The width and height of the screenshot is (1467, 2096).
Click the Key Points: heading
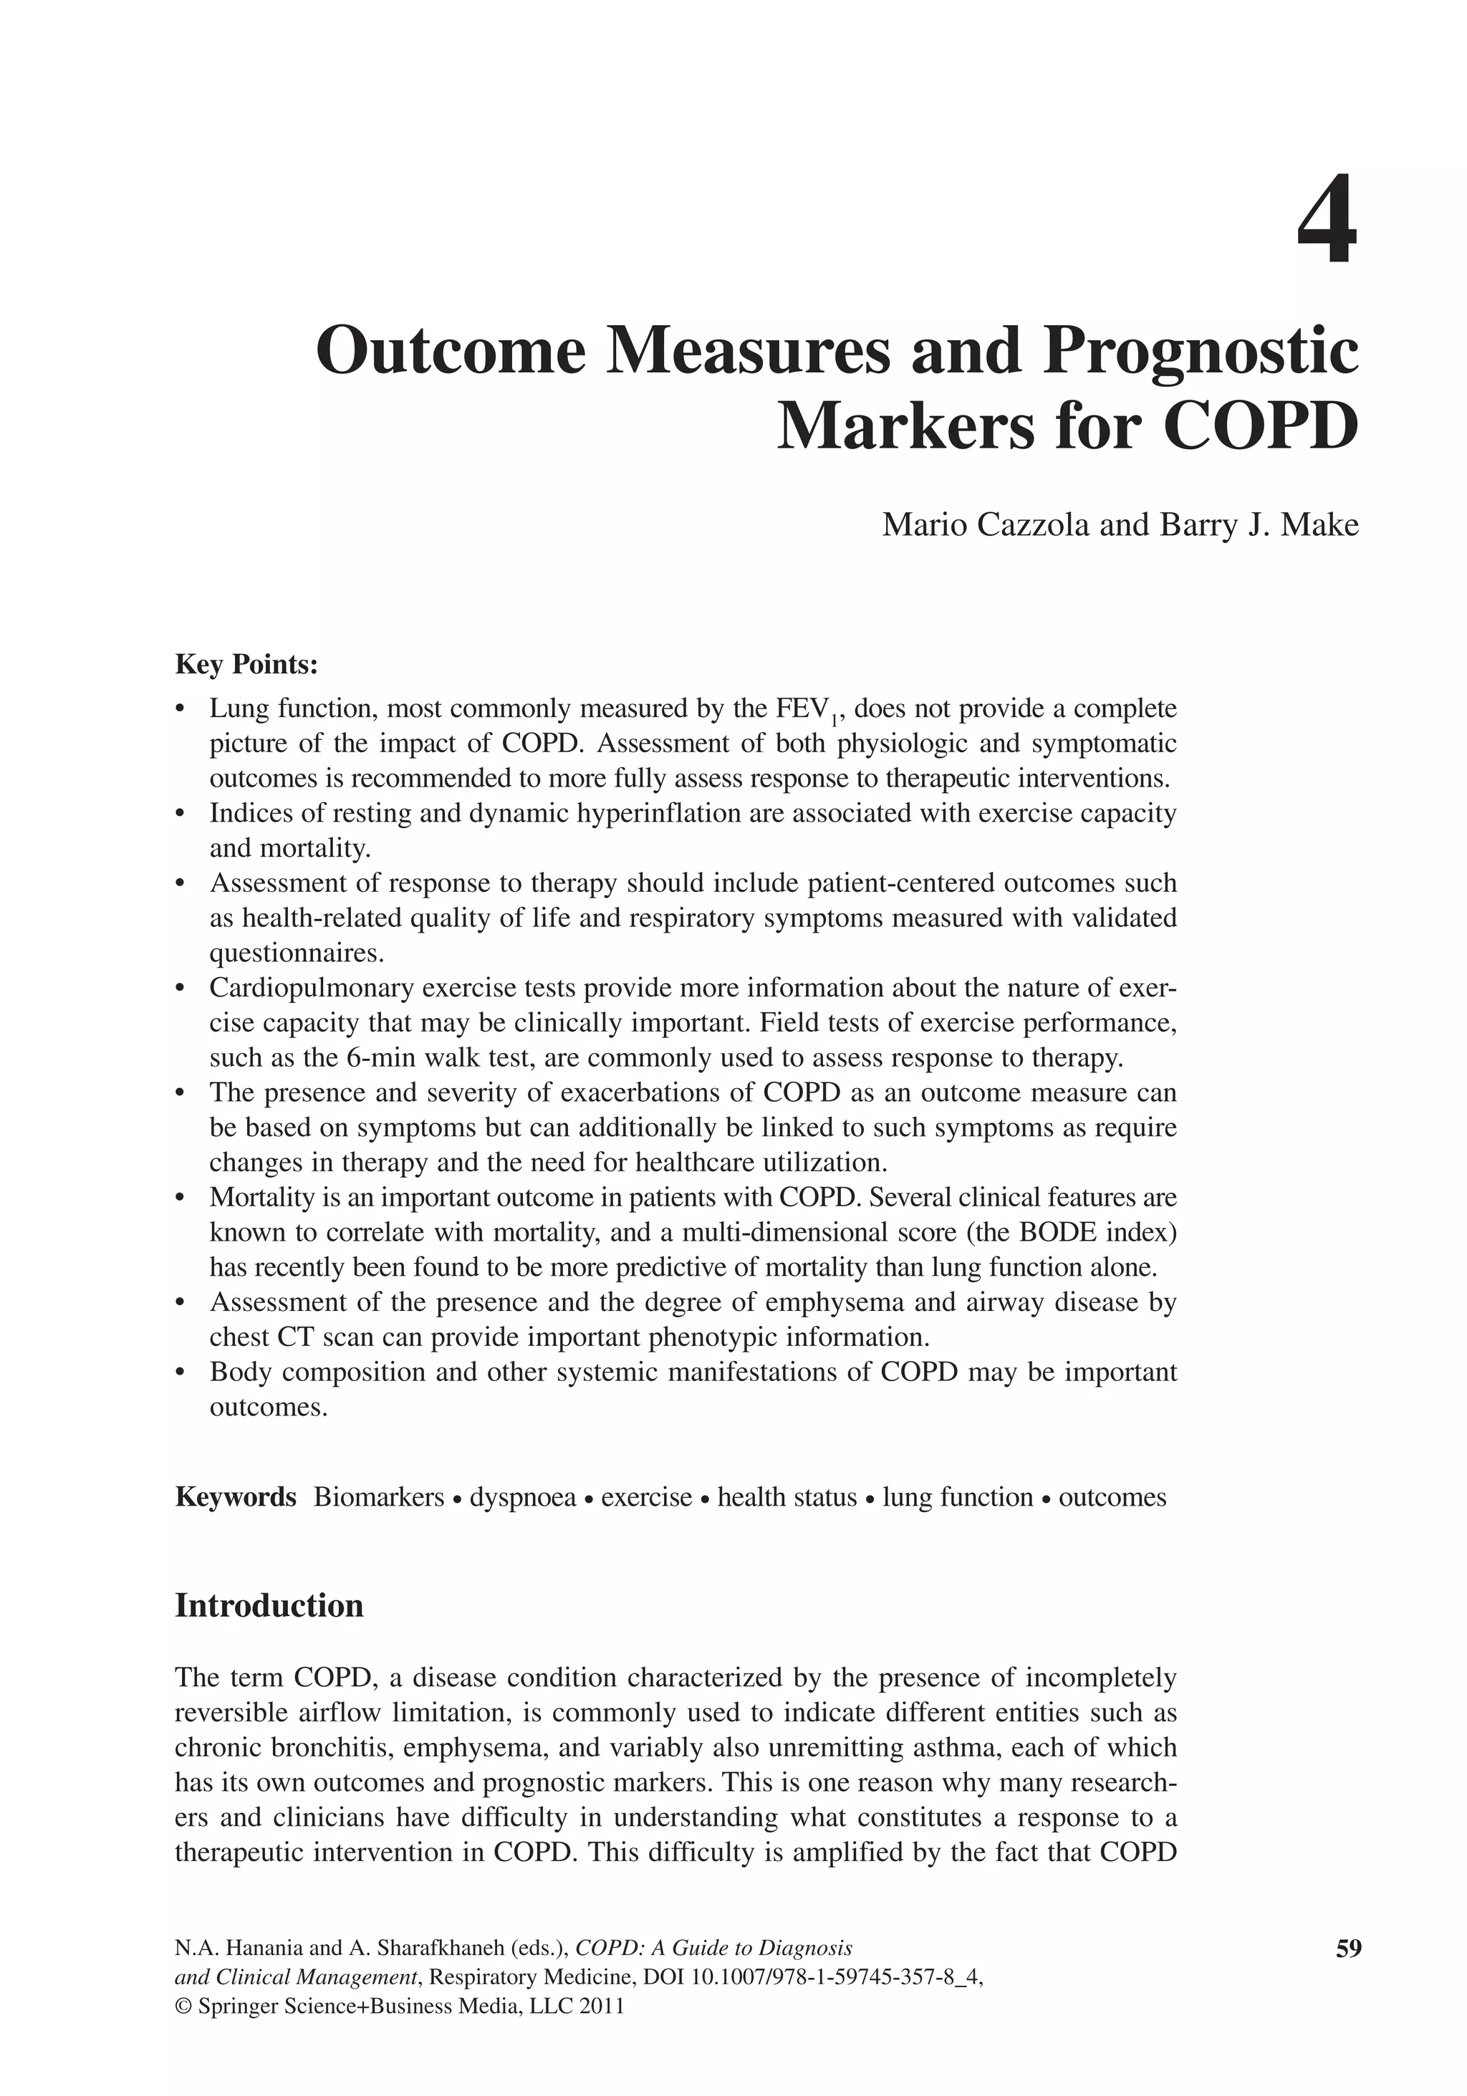246,665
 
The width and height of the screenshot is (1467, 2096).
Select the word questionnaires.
297,953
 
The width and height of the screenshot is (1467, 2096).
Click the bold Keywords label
236,1497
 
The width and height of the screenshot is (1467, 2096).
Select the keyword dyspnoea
522,1497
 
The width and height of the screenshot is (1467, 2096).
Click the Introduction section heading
269,1605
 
